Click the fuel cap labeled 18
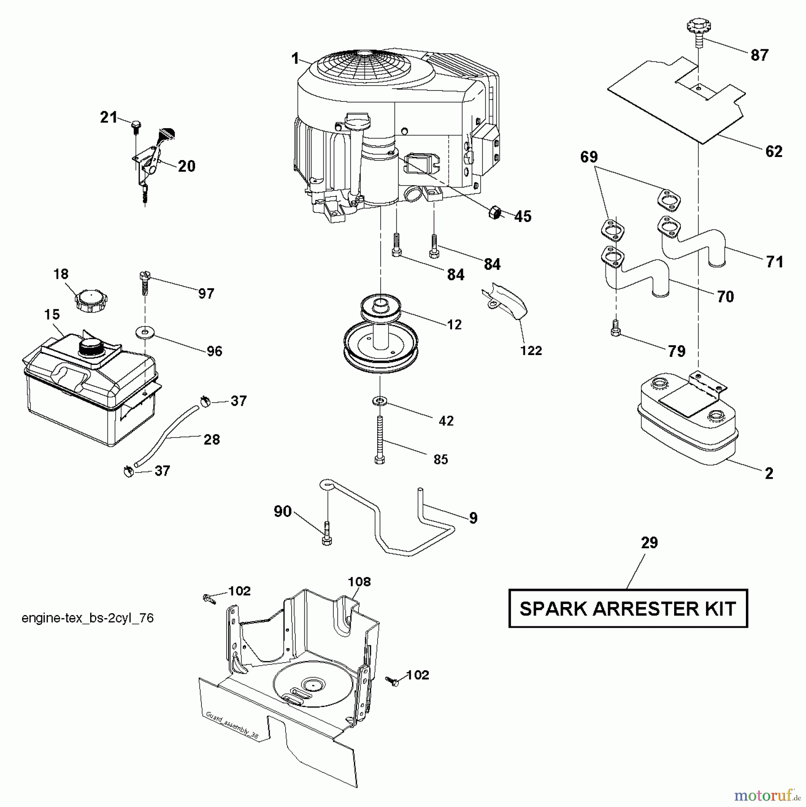click(91, 301)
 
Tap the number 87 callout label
click(759, 55)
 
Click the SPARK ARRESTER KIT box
click(627, 608)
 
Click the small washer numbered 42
click(379, 400)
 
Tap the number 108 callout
click(359, 582)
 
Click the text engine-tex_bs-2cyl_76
click(87, 618)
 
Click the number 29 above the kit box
click(649, 543)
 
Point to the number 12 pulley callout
click(454, 325)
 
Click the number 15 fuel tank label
click(52, 314)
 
